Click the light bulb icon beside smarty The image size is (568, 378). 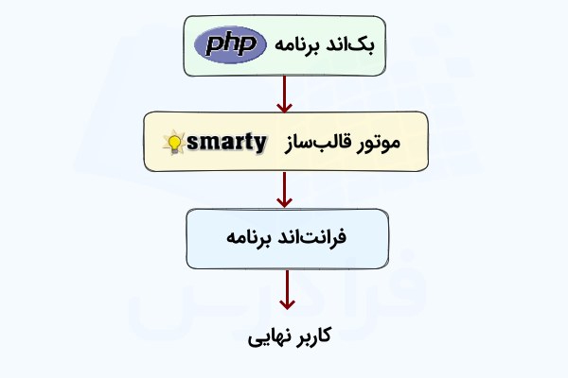point(174,144)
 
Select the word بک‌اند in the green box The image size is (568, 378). point(360,45)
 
